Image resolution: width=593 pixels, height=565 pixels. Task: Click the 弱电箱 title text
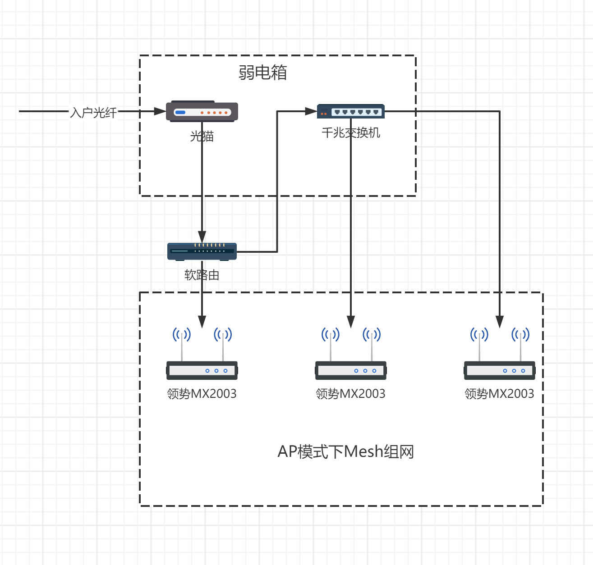(x=262, y=73)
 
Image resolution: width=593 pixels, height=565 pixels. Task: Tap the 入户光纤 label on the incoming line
(x=93, y=112)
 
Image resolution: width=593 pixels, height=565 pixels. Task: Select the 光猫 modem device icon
(x=202, y=111)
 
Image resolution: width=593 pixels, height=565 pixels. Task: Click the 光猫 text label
(x=202, y=136)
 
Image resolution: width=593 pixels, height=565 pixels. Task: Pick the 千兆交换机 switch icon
(x=351, y=111)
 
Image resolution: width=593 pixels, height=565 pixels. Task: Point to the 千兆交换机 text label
(x=351, y=132)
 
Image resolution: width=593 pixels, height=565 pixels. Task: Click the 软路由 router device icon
(x=202, y=251)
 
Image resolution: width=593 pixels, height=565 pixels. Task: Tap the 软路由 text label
(x=202, y=275)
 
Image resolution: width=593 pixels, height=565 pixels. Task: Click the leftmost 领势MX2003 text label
(x=202, y=394)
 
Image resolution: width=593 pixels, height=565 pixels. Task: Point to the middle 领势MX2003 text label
(x=350, y=394)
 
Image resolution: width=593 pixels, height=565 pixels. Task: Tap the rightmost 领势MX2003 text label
(x=499, y=394)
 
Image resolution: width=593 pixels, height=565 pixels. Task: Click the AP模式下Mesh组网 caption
(x=346, y=451)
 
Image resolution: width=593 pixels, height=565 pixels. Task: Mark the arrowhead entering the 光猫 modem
(x=160, y=111)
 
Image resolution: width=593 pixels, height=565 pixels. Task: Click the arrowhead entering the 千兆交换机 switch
(x=311, y=111)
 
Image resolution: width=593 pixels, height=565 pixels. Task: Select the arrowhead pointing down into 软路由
(x=202, y=237)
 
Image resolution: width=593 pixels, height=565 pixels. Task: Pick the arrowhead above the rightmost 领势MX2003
(x=500, y=322)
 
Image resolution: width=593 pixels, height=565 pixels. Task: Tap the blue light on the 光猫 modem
(x=180, y=112)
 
